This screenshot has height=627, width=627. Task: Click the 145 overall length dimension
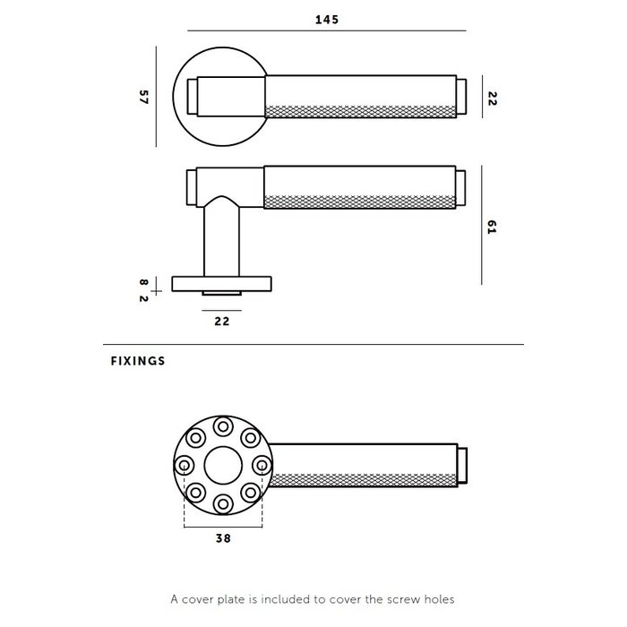tap(327, 20)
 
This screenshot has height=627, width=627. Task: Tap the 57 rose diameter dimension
tap(142, 97)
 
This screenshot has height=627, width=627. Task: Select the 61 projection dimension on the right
tap(492, 227)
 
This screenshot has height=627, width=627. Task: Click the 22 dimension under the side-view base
tap(223, 320)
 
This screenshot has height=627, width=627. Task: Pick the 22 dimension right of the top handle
tap(492, 97)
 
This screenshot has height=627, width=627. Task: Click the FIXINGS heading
tap(139, 363)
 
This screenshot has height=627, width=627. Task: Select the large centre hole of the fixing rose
tap(223, 466)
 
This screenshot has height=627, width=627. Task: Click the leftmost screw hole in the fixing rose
tap(185, 466)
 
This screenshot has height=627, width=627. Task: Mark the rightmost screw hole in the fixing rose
tap(262, 466)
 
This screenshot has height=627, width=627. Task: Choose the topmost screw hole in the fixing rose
tap(223, 427)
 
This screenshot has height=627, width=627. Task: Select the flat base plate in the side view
tap(223, 284)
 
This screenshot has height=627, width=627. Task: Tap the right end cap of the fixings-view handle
tap(464, 466)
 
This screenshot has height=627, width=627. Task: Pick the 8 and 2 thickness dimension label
tap(142, 289)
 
